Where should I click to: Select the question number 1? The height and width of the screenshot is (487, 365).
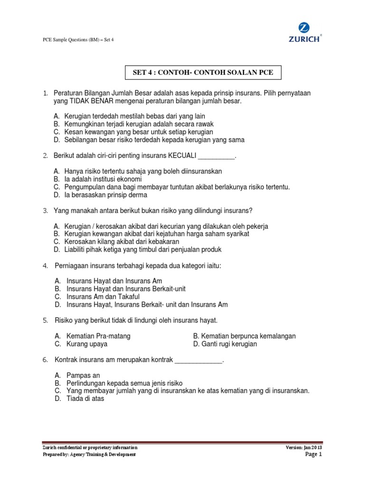tap(45, 94)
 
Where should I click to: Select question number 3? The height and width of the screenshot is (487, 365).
tap(45, 210)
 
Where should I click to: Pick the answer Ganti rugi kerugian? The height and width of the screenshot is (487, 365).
tap(229, 343)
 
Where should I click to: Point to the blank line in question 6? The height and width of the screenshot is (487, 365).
tap(199, 360)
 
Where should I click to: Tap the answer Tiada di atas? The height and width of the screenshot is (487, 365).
tap(85, 399)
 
